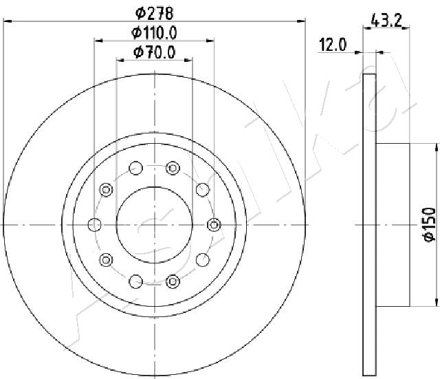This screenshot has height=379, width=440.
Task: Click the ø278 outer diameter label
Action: [154, 13]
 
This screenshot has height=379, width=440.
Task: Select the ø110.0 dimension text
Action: [154, 33]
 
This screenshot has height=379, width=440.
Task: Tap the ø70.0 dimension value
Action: [154, 52]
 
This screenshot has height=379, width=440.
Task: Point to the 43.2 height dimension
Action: [386, 21]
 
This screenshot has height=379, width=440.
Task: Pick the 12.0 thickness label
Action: [333, 45]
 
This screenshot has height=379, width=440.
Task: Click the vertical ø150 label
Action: [429, 224]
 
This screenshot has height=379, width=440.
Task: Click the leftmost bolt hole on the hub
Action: [95, 225]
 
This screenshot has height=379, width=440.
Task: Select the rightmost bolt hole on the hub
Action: [214, 225]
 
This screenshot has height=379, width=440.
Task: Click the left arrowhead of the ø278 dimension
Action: [8, 21]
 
